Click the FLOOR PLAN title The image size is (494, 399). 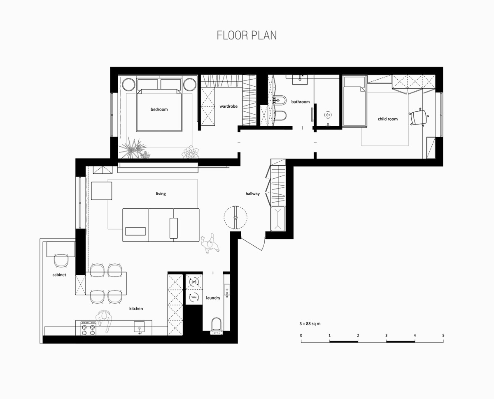point(247,35)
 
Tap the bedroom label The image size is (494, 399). point(159,109)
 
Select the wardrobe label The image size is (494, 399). point(228,106)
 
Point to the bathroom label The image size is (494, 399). point(301,101)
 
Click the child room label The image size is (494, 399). point(387,119)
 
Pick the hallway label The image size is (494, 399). point(253,194)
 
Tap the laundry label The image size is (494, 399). point(213,298)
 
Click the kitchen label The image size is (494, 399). point(136,309)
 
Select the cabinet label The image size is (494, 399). point(59,275)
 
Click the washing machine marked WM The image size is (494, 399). point(194,297)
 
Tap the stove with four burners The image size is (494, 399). point(89,328)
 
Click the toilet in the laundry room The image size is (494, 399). point(217,324)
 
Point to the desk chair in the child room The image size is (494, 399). point(419,117)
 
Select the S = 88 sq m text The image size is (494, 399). point(310,323)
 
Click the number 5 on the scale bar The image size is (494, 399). point(443,335)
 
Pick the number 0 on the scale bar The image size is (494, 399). point(301,335)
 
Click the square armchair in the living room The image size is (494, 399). point(102,191)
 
